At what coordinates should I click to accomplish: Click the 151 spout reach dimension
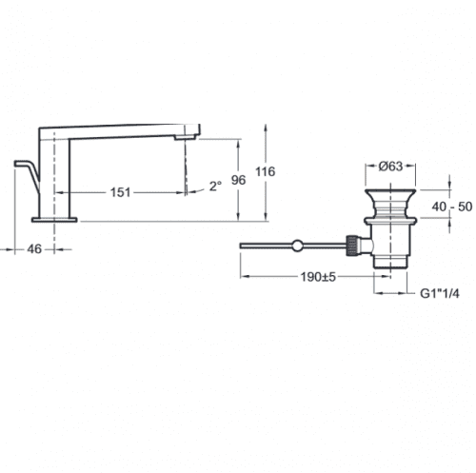point(120,192)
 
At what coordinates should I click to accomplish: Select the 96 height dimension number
point(238,180)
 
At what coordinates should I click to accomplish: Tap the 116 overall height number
point(266,171)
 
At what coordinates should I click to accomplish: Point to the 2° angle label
point(215,186)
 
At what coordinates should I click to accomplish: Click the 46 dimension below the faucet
point(34,249)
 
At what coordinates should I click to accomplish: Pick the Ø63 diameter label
point(390,166)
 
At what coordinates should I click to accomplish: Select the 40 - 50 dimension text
point(452,207)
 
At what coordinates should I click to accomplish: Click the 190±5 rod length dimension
point(318,277)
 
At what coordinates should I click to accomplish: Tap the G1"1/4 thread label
point(440,293)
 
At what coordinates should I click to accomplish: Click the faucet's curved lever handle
point(29,173)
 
